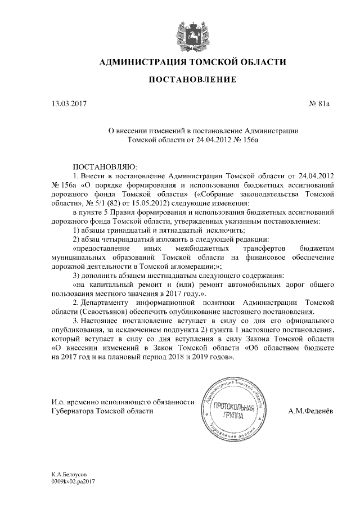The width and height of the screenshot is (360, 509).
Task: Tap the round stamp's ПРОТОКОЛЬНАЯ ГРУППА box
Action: (233, 411)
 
